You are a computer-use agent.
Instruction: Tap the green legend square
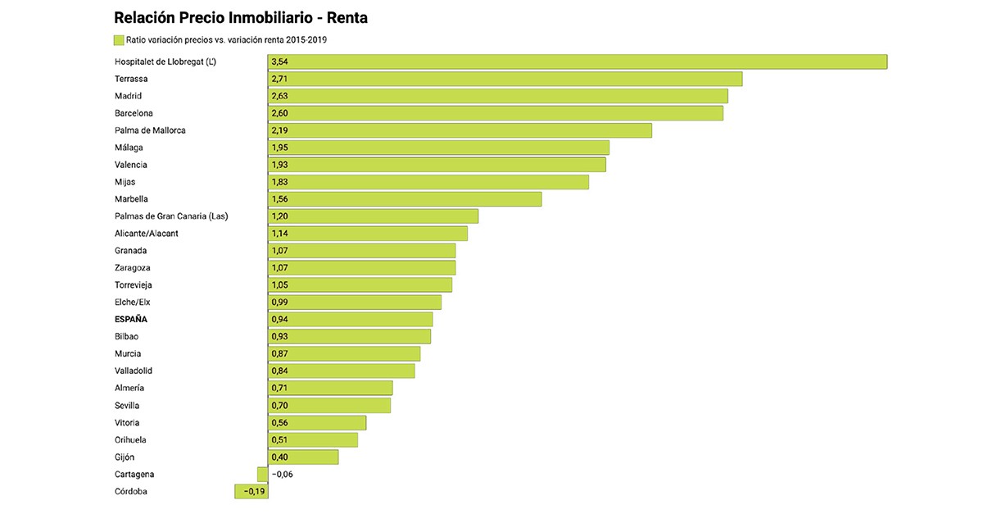[119, 39]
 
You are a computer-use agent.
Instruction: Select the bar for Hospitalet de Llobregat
[577, 61]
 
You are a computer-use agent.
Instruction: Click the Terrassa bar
[505, 79]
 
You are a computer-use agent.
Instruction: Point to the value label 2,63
[279, 96]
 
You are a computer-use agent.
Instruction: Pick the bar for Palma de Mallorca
[460, 130]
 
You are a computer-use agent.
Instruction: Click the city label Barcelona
[134, 113]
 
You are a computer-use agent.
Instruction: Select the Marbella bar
[405, 199]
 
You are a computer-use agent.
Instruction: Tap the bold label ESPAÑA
[131, 319]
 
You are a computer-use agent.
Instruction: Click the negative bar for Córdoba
[251, 491]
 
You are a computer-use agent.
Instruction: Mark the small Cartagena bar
[262, 474]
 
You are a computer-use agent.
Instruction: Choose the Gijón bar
[303, 457]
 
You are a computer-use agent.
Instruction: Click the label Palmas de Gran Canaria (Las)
[171, 216]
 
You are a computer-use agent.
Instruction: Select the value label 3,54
[279, 61]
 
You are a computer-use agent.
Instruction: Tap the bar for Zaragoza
[361, 268]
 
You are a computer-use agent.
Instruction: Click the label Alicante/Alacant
[147, 234]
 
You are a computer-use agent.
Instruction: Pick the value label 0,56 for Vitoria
[279, 423]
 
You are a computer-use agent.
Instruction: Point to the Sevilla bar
[329, 405]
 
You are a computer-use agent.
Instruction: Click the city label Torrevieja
[134, 285]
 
